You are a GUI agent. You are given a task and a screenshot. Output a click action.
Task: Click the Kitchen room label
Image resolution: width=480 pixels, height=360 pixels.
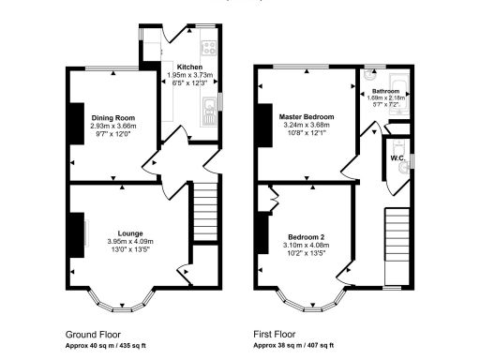coord(189,67)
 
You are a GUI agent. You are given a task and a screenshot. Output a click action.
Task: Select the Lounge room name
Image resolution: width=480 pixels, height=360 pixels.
coord(130,232)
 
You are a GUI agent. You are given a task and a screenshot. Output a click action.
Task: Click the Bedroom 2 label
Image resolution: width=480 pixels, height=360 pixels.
coord(307,236)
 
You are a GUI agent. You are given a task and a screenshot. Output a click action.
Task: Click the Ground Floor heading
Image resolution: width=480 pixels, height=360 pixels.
coord(92,334)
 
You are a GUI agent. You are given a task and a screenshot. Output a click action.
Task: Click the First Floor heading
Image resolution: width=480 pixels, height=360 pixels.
coord(277,334)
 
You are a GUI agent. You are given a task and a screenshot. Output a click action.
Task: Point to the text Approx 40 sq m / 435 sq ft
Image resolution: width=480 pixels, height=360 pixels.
coord(111,344)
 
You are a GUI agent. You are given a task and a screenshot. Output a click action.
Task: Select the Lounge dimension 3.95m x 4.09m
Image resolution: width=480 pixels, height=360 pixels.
coord(130,241)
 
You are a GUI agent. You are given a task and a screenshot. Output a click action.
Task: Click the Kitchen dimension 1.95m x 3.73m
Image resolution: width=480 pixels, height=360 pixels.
coord(189,75)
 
